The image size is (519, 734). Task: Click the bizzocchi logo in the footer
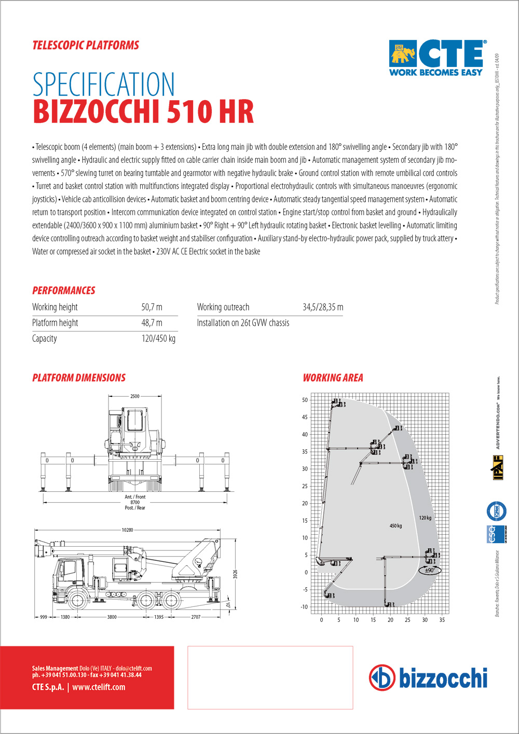[429, 678]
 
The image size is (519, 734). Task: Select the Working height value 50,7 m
[152, 307]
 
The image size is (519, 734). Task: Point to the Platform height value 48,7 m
[152, 323]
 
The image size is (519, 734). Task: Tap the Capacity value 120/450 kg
[158, 339]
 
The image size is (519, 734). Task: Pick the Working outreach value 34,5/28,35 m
[323, 307]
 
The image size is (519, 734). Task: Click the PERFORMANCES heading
[64, 290]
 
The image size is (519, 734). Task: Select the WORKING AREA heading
[333, 378]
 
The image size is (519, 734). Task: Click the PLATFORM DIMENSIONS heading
[79, 378]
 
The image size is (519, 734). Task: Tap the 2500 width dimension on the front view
[135, 396]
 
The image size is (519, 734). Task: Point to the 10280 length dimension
[127, 530]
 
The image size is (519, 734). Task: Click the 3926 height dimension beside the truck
[235, 574]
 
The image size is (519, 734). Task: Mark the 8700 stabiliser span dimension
[135, 502]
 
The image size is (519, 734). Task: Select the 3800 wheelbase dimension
[112, 617]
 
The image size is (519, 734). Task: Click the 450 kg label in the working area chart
[395, 526]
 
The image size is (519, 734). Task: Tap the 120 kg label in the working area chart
[425, 518]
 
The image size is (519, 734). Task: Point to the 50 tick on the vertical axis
[305, 400]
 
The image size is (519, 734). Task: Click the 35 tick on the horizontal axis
[442, 620]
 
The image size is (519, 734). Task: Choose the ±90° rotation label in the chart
[430, 570]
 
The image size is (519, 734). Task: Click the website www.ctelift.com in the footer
[99, 687]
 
